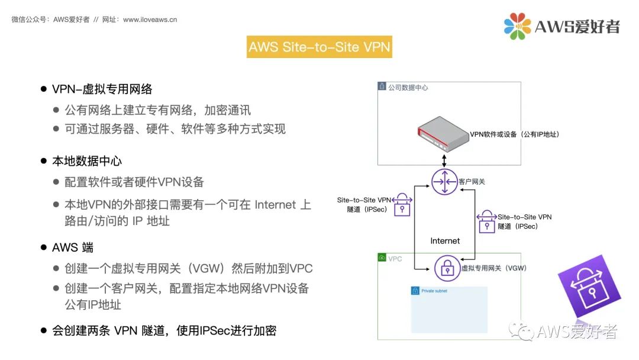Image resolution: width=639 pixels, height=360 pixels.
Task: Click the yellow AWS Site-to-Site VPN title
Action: click(319, 47)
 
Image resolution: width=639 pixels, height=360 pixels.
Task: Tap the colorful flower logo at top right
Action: click(517, 26)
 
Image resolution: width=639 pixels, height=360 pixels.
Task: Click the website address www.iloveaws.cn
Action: click(150, 20)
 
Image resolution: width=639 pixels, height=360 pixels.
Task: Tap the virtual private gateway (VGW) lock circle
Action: click(447, 268)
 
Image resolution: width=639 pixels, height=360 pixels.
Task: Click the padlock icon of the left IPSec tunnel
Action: click(402, 204)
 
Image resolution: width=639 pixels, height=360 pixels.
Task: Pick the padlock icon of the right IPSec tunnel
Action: click(486, 221)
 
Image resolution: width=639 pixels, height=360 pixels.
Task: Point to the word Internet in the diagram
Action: click(445, 240)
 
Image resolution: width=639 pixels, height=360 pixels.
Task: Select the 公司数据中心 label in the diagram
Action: click(408, 88)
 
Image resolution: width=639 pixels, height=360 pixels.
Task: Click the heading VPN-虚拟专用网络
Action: click(102, 89)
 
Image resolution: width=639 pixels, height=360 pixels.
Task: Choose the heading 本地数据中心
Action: click(87, 161)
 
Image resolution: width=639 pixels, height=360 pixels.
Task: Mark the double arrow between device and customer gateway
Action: click(444, 160)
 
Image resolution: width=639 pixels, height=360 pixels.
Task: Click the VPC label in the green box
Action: click(395, 259)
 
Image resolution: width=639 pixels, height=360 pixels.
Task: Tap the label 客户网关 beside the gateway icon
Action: click(472, 181)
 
